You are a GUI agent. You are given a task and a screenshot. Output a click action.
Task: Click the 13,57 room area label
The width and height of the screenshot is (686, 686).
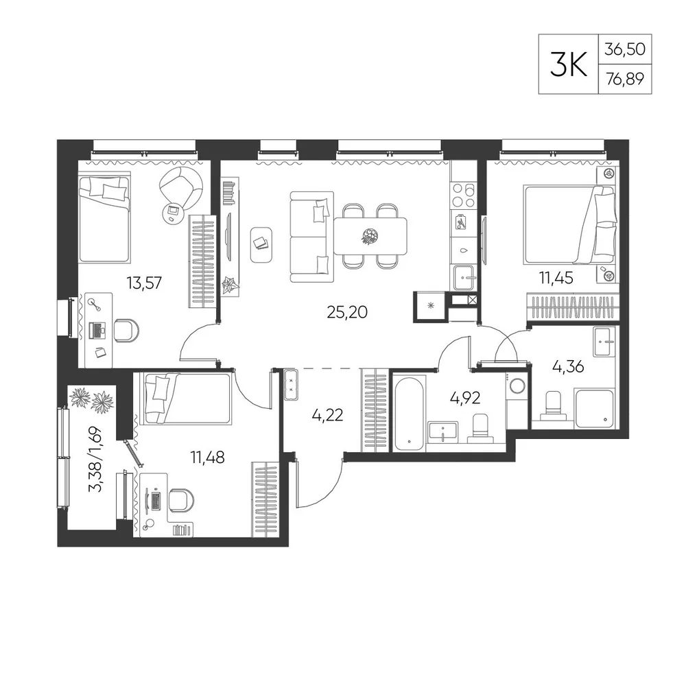tap(144, 283)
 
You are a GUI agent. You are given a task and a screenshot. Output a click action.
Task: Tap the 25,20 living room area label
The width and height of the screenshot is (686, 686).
tap(347, 312)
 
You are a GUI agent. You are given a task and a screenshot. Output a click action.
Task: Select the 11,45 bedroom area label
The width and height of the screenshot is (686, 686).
tap(556, 278)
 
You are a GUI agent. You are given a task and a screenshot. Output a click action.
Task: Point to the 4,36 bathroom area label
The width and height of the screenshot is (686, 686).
tap(568, 366)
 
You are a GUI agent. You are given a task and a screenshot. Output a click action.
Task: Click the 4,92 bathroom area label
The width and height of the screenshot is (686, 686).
tap(465, 398)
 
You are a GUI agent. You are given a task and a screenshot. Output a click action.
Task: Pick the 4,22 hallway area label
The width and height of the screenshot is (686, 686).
tap(327, 415)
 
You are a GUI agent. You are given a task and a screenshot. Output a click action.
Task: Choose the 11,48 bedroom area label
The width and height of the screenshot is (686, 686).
tap(207, 458)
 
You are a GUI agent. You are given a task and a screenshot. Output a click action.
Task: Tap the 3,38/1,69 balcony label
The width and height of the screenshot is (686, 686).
tap(95, 460)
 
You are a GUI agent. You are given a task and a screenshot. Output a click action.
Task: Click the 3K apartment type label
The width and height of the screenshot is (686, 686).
tap(568, 64)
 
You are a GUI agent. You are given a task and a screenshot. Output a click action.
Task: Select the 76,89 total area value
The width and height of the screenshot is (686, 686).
tap(625, 79)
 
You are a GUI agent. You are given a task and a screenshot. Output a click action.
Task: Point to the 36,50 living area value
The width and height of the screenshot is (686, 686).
tap(625, 49)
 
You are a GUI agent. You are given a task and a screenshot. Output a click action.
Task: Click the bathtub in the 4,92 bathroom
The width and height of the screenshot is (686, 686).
tap(410, 411)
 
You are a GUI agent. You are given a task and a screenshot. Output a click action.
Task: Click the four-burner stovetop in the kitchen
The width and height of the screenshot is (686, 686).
tap(464, 195)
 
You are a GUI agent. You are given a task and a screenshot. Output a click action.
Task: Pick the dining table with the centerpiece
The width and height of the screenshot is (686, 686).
tap(370, 236)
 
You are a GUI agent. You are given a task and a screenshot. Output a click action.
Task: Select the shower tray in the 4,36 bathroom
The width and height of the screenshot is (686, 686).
tap(595, 408)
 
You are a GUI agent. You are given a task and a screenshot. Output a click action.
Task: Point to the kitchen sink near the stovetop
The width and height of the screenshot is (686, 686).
tap(464, 278)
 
